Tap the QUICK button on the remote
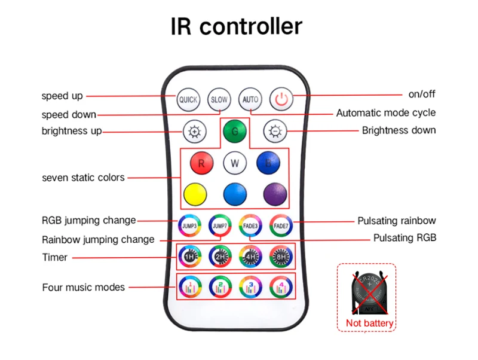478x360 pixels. point(188,99)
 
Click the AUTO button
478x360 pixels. point(250,99)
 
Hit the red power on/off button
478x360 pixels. point(281,99)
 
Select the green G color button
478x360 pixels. point(234,131)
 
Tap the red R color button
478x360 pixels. point(201,163)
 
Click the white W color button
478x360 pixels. point(234,163)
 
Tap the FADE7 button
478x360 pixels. point(281,226)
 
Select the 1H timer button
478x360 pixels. point(189,257)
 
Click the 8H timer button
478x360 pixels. point(281,257)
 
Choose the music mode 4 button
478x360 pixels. point(281,286)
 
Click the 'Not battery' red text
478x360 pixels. point(370,324)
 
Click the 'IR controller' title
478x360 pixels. point(237,27)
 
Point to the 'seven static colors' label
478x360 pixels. point(83,178)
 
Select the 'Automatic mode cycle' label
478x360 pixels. point(386,112)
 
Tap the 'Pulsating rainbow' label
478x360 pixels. point(397,221)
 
